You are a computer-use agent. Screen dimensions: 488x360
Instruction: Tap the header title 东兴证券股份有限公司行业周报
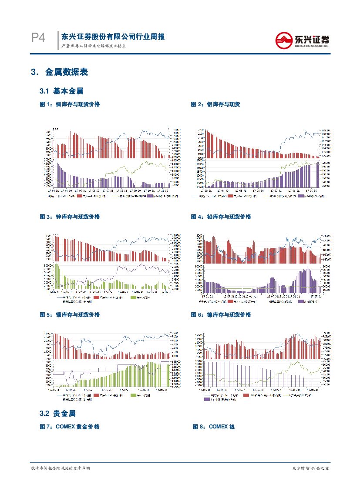[x=113, y=37]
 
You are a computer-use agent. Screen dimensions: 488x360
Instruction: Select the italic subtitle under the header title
[x=93, y=46]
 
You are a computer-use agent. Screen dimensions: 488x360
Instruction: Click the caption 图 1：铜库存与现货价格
[x=70, y=104]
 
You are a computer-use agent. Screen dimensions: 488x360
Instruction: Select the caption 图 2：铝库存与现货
[x=215, y=104]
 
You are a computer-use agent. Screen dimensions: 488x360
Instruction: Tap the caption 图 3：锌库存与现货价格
[x=70, y=217]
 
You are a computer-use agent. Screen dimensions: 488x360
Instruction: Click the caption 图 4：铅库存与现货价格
[x=221, y=217]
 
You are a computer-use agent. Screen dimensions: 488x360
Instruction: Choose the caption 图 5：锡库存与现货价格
[x=70, y=314]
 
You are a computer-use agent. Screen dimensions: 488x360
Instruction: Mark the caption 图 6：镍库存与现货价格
[x=221, y=314]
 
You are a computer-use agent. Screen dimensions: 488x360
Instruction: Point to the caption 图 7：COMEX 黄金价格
[x=70, y=427]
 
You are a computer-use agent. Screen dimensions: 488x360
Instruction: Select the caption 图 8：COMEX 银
[x=214, y=427]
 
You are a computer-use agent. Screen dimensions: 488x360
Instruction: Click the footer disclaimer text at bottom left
[x=61, y=468]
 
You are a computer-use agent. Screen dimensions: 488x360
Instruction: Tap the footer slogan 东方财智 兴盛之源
[x=310, y=468]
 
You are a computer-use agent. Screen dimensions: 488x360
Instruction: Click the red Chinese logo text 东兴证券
[x=312, y=38]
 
